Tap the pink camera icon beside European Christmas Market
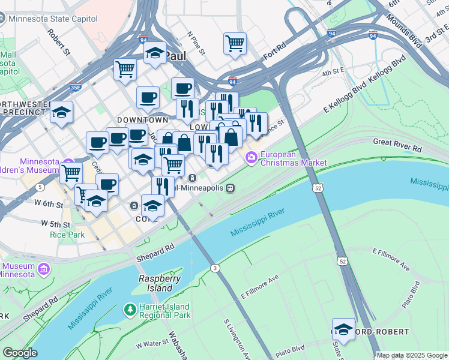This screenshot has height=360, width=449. pyautogui.click(x=250, y=158)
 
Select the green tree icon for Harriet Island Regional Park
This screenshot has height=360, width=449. pyautogui.click(x=129, y=310)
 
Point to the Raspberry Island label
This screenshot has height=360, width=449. pyautogui.click(x=160, y=283)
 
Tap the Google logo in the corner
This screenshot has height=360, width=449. pyautogui.click(x=20, y=353)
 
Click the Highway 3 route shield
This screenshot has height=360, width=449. pyautogui.click(x=214, y=268)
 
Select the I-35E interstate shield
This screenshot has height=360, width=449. pyautogui.click(x=76, y=86)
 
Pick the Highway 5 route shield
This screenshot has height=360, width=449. pyautogui.click(x=40, y=187)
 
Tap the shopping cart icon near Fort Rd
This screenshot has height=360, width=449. pyautogui.click(x=235, y=43)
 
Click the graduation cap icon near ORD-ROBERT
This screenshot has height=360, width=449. pyautogui.click(x=343, y=329)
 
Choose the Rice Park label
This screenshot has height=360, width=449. pyautogui.click(x=67, y=235)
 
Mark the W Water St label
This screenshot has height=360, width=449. pyautogui.click(x=155, y=345)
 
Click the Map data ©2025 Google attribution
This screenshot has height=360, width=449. pyautogui.click(x=412, y=355)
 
